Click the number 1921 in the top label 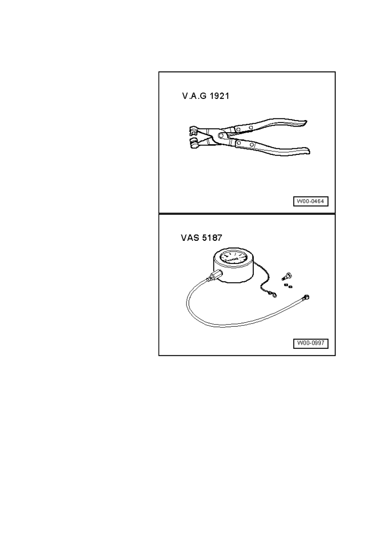pos(219,96)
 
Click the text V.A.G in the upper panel pos(194,96)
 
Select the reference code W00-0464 pos(311,201)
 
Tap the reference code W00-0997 pos(311,343)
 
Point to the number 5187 pos(212,238)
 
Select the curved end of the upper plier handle pos(304,123)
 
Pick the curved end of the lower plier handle pos(306,151)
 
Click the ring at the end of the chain pos(274,295)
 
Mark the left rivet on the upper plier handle pos(238,130)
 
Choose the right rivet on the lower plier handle pos(252,145)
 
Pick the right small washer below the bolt pos(290,286)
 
